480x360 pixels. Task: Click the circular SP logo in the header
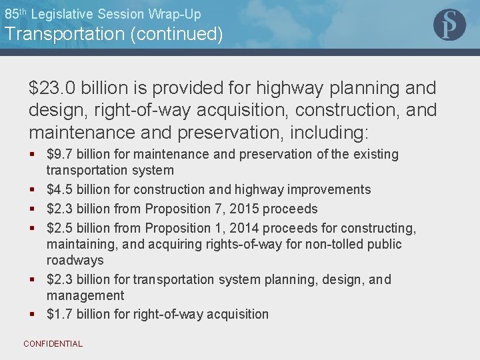click(449, 25)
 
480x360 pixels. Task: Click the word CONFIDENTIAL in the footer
click(53, 344)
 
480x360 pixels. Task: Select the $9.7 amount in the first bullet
click(59, 155)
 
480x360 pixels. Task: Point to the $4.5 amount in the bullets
click(59, 190)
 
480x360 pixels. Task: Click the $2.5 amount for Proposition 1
click(59, 229)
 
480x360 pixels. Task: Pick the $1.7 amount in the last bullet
click(59, 314)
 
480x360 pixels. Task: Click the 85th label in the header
click(16, 13)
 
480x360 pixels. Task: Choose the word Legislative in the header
click(63, 13)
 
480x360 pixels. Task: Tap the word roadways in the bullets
click(75, 261)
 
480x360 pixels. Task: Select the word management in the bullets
click(85, 295)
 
